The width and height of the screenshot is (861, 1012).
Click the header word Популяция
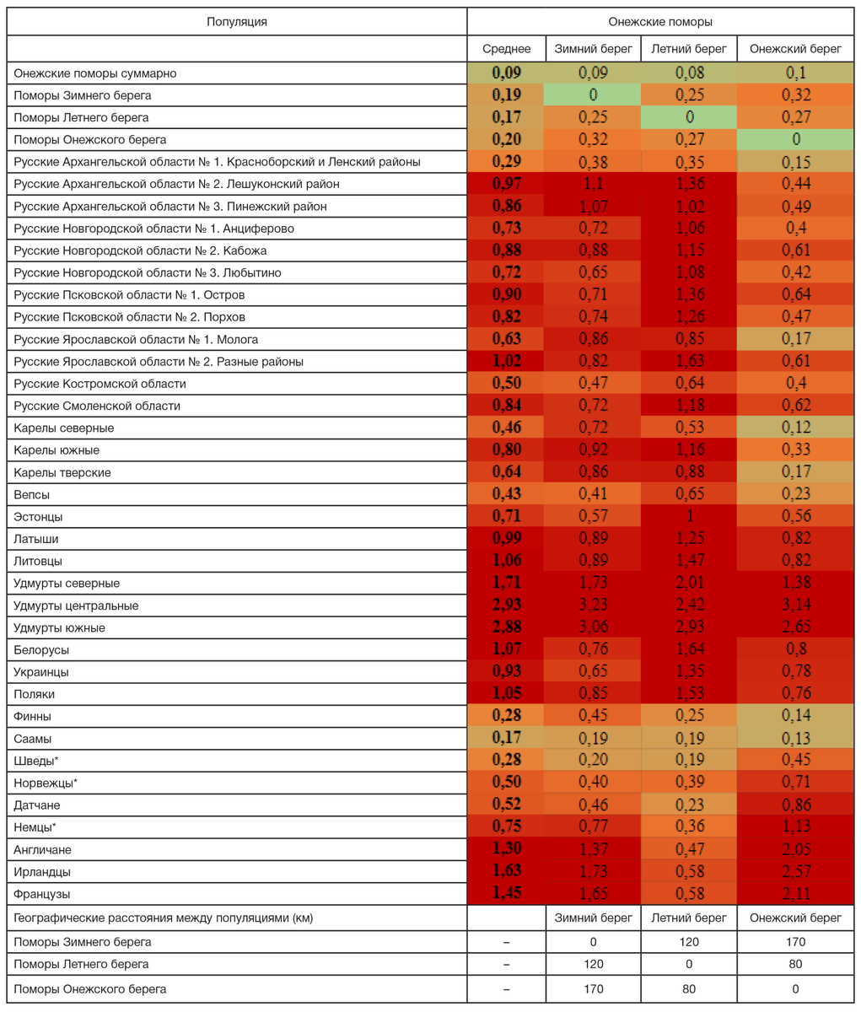pyautogui.click(x=237, y=22)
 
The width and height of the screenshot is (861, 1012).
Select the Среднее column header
pyautogui.click(x=506, y=49)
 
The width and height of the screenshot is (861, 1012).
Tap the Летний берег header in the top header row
pyautogui.click(x=689, y=49)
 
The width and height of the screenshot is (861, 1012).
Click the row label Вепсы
pyautogui.click(x=31, y=495)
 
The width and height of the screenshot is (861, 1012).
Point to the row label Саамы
pyautogui.click(x=32, y=739)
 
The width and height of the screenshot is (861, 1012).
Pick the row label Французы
pyautogui.click(x=41, y=894)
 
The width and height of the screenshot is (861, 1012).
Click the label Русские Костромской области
pyautogui.click(x=100, y=384)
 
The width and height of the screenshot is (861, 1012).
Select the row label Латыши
pyautogui.click(x=35, y=539)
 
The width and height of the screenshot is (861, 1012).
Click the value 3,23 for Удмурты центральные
pyautogui.click(x=593, y=606)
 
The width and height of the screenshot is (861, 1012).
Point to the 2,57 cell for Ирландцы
pyautogui.click(x=795, y=872)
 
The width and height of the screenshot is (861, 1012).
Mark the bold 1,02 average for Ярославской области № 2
pyautogui.click(x=506, y=362)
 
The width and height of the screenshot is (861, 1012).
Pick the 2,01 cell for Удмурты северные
pyautogui.click(x=689, y=584)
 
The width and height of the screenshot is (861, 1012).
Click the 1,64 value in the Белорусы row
pyautogui.click(x=689, y=650)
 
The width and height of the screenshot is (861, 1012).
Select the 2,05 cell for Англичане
pyautogui.click(x=795, y=850)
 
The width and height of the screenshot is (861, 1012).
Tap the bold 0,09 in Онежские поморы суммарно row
pyautogui.click(x=506, y=73)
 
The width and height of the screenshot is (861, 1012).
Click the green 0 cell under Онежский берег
pyautogui.click(x=795, y=140)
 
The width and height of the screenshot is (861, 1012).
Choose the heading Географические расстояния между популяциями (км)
pyautogui.click(x=163, y=918)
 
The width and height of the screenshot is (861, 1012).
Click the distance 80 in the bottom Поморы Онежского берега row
pyautogui.click(x=689, y=989)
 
